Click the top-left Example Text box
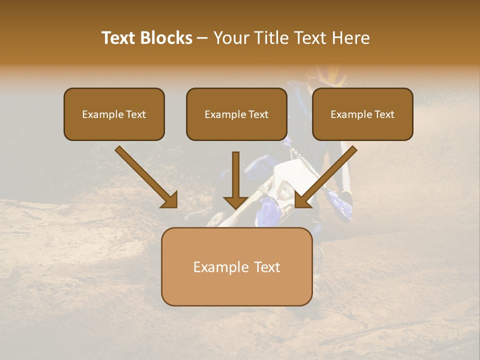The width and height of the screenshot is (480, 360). point(114,114)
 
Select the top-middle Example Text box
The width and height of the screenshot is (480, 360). point(236,114)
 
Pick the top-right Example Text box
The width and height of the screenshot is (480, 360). point(362,114)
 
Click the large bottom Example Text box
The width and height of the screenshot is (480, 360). point(236,266)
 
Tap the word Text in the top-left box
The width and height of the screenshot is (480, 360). point(135,114)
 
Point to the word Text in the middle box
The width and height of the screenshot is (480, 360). point(258,114)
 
